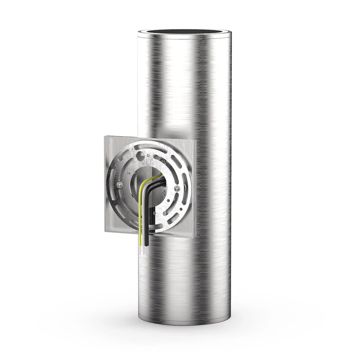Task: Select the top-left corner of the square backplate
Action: point(105,136)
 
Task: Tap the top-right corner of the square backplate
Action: point(195,141)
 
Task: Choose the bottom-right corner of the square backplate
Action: point(195,238)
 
